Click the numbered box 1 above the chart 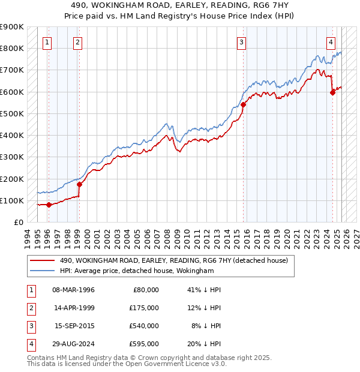tap(47, 42)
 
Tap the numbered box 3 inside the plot tap(241, 42)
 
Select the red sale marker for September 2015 tap(243, 104)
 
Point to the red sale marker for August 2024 tap(332, 92)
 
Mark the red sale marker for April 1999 tap(79, 184)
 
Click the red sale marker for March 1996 tap(49, 205)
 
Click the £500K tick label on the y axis tap(12, 113)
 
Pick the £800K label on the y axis tap(12, 48)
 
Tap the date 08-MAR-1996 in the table tap(73, 289)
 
